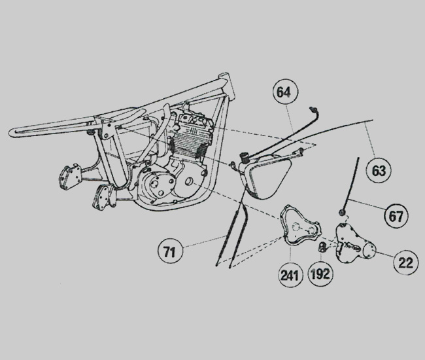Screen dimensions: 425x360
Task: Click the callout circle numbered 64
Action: tap(286, 92)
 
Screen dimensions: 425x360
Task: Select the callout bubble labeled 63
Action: tap(379, 171)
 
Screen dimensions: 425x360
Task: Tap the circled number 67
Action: tap(397, 216)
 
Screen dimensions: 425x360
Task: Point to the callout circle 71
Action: tap(170, 251)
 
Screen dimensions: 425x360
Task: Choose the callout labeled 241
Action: tap(290, 275)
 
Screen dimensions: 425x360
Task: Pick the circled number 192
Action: tap(320, 274)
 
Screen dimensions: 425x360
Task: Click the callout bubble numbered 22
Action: tap(406, 262)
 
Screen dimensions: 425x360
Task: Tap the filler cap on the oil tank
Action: tap(245, 157)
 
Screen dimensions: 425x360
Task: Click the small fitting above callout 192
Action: tap(321, 247)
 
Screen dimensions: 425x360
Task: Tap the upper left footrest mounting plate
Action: tap(69, 176)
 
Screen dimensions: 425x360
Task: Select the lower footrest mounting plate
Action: tap(103, 197)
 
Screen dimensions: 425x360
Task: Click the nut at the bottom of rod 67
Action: tap(342, 212)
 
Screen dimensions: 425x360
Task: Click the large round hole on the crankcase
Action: tap(189, 181)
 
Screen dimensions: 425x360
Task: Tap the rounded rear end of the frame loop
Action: tap(12, 133)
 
